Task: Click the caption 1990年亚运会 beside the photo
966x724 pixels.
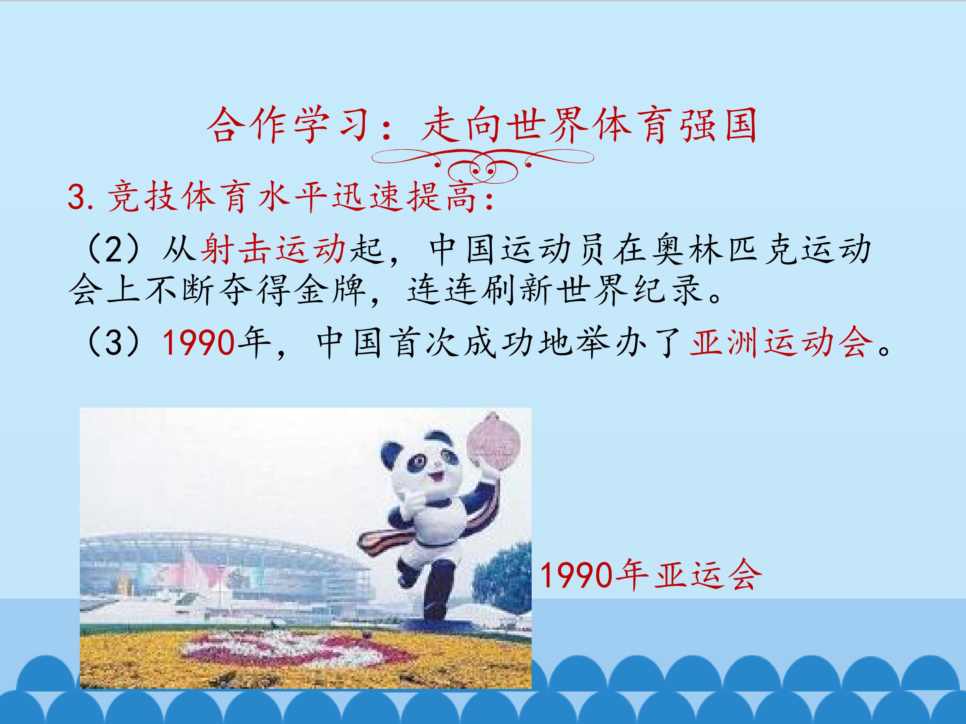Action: coord(651,576)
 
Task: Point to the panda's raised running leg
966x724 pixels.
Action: coord(408,572)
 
